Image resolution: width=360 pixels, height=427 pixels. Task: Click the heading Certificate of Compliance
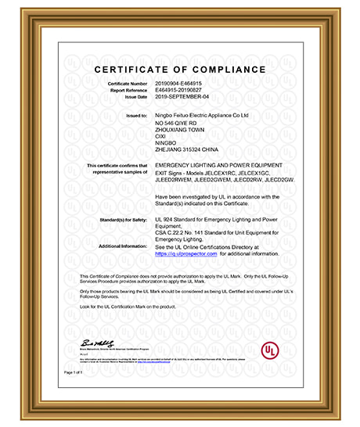pos(180,70)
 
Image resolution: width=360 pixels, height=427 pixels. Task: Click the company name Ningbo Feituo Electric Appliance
pos(201,114)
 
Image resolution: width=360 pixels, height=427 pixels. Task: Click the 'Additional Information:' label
pos(124,246)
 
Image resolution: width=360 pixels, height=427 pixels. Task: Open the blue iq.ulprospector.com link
pos(186,253)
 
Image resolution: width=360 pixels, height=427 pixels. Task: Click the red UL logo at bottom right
pos(269,345)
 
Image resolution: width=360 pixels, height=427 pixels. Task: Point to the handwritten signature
pos(95,344)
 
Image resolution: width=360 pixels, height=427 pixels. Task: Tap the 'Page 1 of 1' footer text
pos(74,372)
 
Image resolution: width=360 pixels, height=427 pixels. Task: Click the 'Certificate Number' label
pos(128,82)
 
